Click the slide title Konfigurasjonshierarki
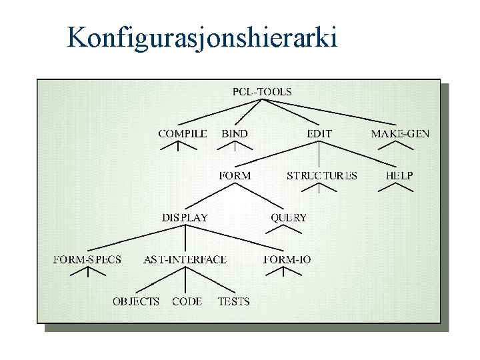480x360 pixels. click(203, 38)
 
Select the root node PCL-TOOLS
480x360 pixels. click(262, 92)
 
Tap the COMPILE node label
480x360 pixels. click(182, 133)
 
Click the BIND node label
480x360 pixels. click(234, 133)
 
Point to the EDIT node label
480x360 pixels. click(319, 133)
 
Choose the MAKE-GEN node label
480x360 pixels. click(400, 133)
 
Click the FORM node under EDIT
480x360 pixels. click(235, 175)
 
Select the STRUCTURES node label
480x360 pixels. click(321, 175)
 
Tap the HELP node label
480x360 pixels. click(399, 175)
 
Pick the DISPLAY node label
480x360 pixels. click(185, 217)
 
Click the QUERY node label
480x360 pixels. click(289, 217)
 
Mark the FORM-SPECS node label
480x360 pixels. click(87, 259)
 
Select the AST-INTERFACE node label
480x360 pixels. click(185, 259)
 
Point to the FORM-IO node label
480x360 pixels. click(287, 259)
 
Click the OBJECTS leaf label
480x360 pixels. click(136, 301)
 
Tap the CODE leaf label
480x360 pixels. click(187, 301)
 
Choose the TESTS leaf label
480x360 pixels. click(233, 301)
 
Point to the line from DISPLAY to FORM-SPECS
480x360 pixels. click(133, 238)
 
